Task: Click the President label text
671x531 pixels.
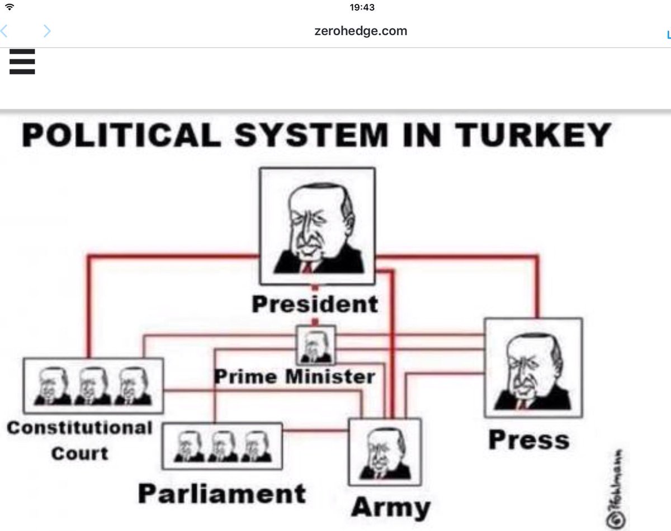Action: tap(315, 304)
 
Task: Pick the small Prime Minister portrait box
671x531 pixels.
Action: tap(315, 346)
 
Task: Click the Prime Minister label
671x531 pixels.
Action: tap(294, 376)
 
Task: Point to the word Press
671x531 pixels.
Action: tap(528, 440)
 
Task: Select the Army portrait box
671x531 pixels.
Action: tap(384, 452)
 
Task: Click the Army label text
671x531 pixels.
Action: tap(391, 508)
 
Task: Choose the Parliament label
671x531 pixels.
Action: tap(222, 494)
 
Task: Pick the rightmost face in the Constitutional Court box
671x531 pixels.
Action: tap(133, 386)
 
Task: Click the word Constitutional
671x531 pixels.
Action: tap(79, 428)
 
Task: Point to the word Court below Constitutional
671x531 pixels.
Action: tap(79, 453)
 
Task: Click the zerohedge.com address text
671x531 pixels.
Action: tap(361, 31)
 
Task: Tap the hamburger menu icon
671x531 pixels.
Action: tap(22, 61)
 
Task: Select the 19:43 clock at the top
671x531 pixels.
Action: tap(362, 7)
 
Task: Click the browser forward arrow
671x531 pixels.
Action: tap(47, 31)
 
